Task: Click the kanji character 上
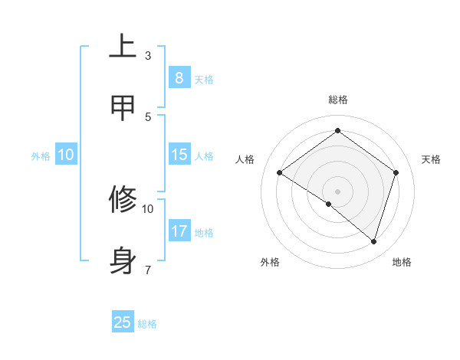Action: (x=123, y=47)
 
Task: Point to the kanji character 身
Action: (x=123, y=260)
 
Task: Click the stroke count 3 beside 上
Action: (x=148, y=56)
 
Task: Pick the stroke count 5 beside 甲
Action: (x=148, y=116)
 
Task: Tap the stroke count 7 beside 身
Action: (x=148, y=269)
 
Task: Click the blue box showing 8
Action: (x=179, y=77)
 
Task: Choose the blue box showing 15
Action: (x=179, y=155)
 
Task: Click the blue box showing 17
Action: (x=179, y=231)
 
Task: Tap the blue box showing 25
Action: (x=123, y=322)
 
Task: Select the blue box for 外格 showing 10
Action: (x=66, y=155)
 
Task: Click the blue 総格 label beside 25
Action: (x=148, y=324)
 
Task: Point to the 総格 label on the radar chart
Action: (x=337, y=100)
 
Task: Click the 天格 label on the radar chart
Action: (x=431, y=159)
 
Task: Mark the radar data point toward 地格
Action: (x=373, y=241)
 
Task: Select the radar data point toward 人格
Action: (x=279, y=172)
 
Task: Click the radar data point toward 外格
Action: (x=329, y=204)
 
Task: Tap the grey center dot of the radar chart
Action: (x=337, y=191)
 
